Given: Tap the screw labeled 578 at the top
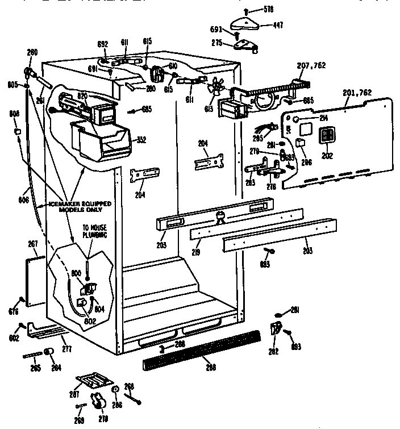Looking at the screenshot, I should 245,11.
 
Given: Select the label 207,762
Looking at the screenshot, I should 311,65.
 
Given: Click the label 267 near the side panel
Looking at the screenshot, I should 32,244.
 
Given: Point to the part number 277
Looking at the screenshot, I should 66,348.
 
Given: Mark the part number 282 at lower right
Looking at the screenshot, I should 274,352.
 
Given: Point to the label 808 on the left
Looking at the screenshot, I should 14,114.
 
